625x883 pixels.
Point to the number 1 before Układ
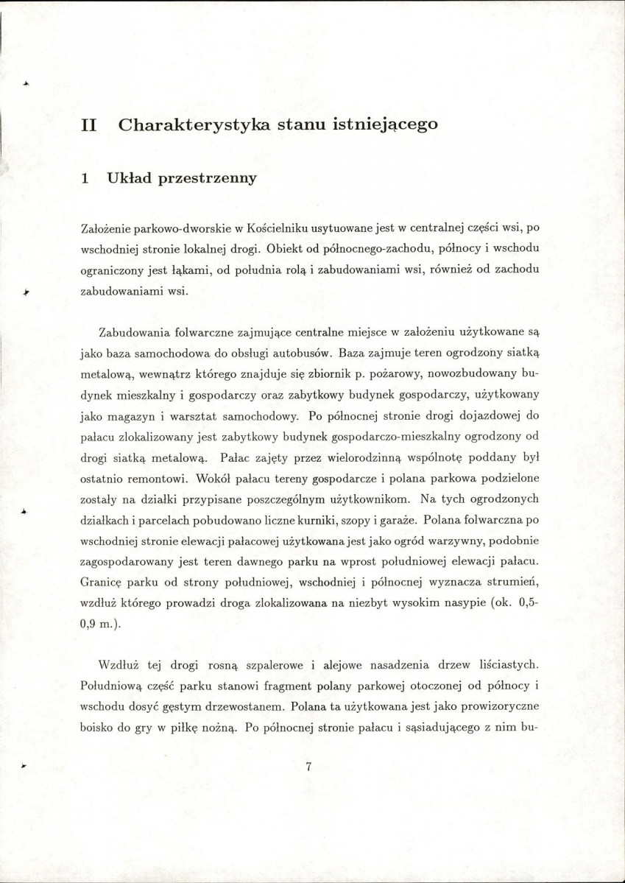pyautogui.click(x=85, y=178)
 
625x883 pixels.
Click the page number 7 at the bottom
pyautogui.click(x=309, y=767)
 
